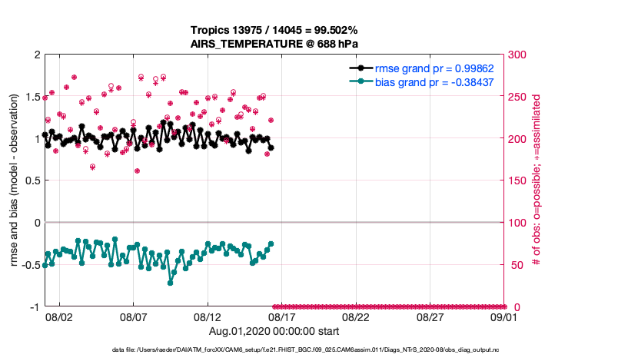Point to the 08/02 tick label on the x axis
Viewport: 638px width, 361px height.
(x=59, y=316)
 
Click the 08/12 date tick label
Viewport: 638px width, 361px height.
(x=208, y=316)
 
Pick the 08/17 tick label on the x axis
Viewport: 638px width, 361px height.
(x=282, y=316)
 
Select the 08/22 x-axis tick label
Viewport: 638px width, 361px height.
(x=356, y=316)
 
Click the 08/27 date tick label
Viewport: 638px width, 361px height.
(x=430, y=316)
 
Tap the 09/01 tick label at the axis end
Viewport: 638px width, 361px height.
(x=504, y=316)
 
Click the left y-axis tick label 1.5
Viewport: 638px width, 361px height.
(x=32, y=97)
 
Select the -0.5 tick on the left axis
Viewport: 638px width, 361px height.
(x=29, y=265)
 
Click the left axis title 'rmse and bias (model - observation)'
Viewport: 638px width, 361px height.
(x=15, y=180)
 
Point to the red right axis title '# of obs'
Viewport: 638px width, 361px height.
(x=537, y=180)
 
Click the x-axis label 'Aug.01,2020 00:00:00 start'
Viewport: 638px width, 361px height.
(x=274, y=331)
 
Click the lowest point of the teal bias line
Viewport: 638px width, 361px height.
(x=170, y=283)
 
